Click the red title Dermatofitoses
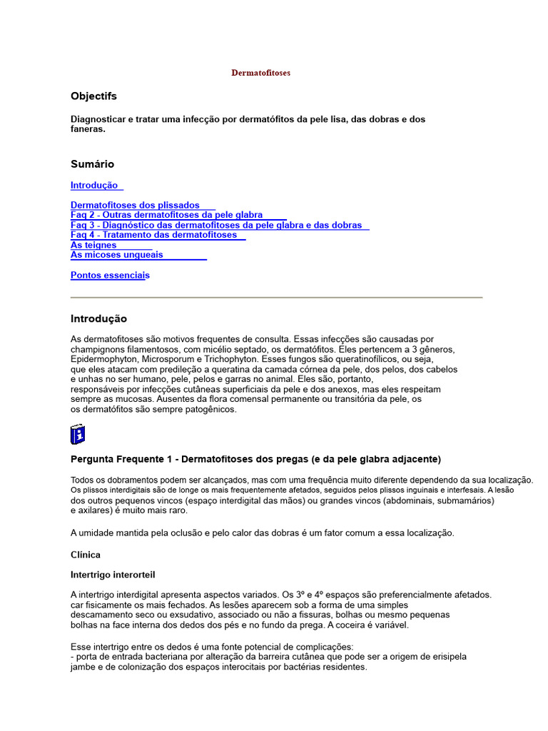(x=260, y=73)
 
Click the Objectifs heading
(x=93, y=96)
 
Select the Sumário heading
(x=92, y=164)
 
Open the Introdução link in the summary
(x=94, y=185)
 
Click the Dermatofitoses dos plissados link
(x=135, y=205)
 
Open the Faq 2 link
(x=166, y=215)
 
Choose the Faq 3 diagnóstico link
(x=216, y=225)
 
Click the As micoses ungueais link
(x=116, y=255)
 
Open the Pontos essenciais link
(x=110, y=275)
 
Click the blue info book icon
(x=78, y=433)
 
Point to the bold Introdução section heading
(x=98, y=318)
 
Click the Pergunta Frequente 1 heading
(x=255, y=458)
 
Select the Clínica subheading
(x=86, y=555)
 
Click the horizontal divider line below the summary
(x=276, y=296)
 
